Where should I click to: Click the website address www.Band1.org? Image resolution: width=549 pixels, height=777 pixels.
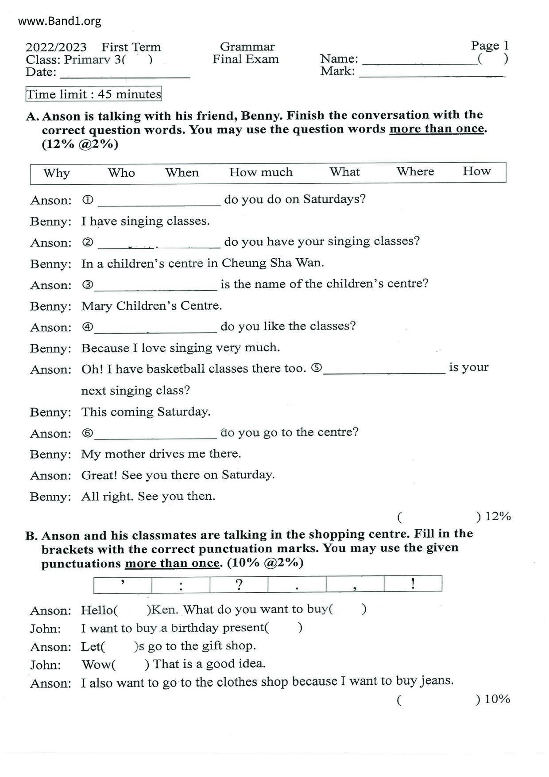coord(60,21)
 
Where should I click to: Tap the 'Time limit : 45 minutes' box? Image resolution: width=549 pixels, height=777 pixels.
coord(94,94)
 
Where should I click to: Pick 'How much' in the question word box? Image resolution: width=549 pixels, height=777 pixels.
coord(261,172)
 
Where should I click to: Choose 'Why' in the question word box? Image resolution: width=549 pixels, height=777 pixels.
coord(56,173)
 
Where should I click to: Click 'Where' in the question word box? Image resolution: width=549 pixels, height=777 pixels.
coord(415,172)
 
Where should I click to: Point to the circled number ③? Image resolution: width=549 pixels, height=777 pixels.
coord(88,285)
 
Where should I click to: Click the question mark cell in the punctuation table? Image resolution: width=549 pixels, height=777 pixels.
coord(239,584)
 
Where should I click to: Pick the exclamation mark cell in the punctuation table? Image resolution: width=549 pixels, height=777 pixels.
coord(413,583)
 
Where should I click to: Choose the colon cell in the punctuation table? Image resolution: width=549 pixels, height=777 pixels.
coord(181,585)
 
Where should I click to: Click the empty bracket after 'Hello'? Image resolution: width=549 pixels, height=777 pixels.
coord(132,610)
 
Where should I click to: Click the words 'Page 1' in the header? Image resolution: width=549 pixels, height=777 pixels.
coord(490,46)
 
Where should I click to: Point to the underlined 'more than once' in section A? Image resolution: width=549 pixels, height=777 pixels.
coord(437,129)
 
